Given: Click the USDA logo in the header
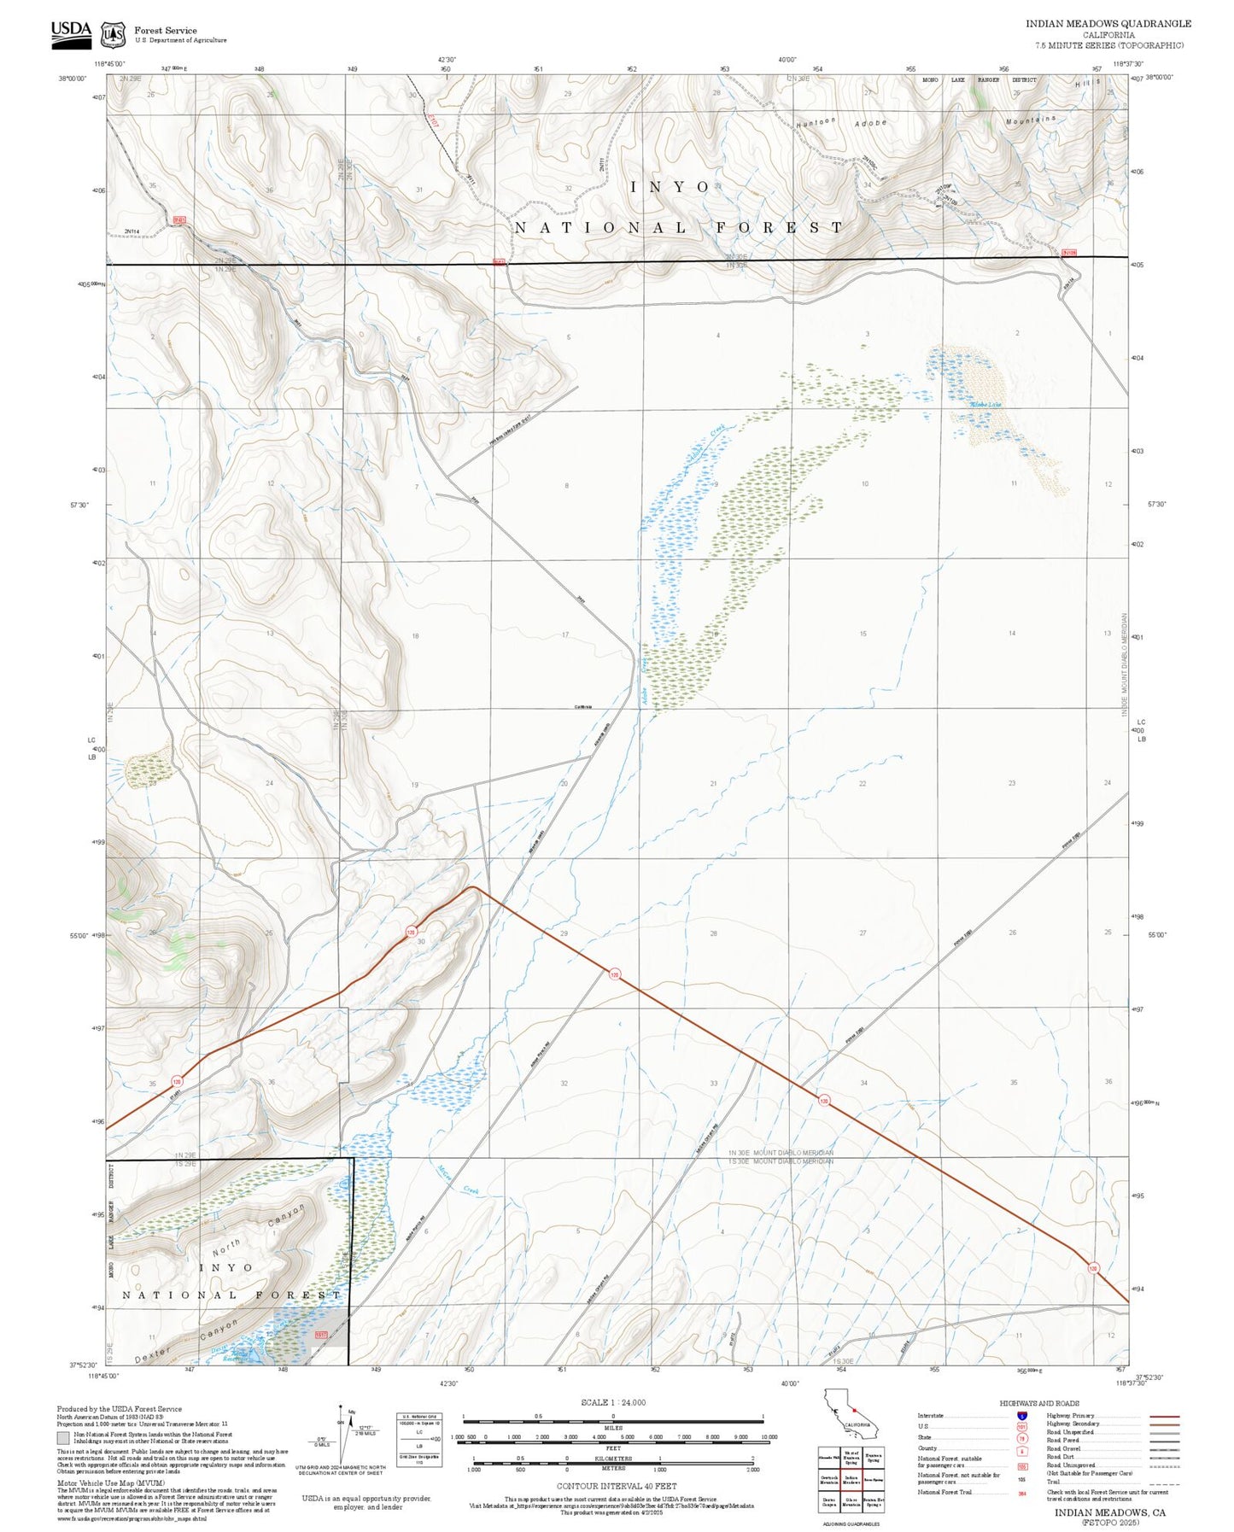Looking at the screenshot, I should (71, 32).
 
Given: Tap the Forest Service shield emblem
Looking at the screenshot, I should (112, 35).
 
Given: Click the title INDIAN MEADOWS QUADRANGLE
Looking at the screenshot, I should (1108, 23).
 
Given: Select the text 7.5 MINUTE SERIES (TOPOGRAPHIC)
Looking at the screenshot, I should (1108, 45).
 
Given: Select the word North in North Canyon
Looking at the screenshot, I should (225, 1248).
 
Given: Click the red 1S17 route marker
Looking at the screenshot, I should (321, 1334).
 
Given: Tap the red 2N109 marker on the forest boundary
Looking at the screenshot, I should (1069, 253).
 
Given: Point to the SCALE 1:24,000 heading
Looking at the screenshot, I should (612, 1402).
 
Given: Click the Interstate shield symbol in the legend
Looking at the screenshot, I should (1022, 1416).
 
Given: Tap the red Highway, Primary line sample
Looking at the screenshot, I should (1165, 1416).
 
